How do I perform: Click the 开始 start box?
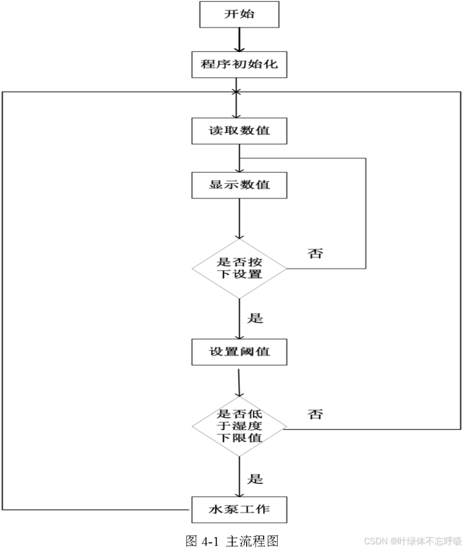239,14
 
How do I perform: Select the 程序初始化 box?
239,65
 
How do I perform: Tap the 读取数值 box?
239,130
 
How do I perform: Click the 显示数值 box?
239,185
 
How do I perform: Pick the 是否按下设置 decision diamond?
239,268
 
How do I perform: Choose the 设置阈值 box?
239,352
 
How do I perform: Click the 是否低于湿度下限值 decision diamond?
239,426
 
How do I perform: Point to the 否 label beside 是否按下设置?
315,254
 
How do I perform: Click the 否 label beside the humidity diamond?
315,414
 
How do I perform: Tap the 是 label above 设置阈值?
256,318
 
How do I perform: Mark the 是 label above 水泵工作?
256,478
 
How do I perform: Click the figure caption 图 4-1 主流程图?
231,540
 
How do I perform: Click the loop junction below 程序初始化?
236,92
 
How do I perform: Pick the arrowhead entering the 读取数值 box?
236,114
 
